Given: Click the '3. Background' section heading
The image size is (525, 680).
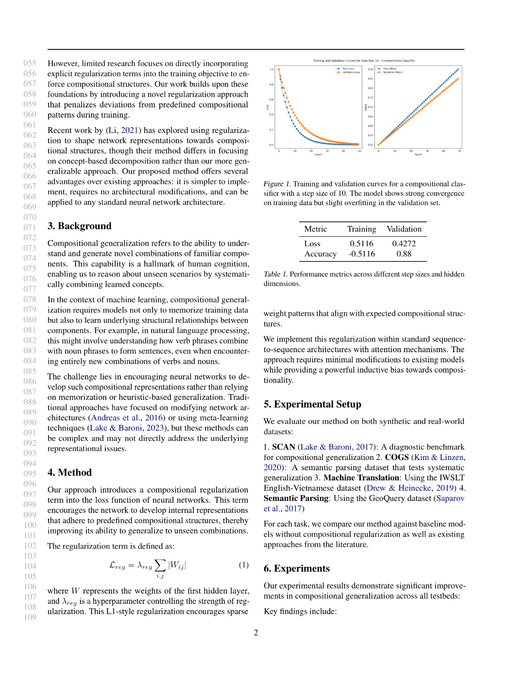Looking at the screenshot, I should click(79, 226).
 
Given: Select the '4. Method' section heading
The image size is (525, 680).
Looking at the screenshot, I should click(69, 473).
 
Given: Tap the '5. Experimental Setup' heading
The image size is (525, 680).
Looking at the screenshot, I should click(312, 404).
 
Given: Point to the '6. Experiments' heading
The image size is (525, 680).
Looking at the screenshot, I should click(296, 568).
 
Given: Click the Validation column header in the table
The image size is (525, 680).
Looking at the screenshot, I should click(404, 229).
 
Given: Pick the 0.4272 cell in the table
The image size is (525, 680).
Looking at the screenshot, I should click(404, 243).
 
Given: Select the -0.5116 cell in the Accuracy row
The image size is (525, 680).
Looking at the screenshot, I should click(361, 254).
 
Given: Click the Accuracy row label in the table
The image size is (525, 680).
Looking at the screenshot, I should click(320, 254).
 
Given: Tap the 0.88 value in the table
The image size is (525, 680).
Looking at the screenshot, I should click(404, 254).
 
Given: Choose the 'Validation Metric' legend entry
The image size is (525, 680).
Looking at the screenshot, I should click(392, 72).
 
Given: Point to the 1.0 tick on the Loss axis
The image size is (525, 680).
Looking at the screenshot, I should click(271, 69).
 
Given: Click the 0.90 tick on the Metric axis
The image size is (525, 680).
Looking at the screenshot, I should click(371, 69).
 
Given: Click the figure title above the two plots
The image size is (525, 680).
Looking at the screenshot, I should click(364, 61).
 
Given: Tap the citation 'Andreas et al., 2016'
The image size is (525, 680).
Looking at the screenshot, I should click(127, 418).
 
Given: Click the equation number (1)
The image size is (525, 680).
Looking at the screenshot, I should click(243, 565).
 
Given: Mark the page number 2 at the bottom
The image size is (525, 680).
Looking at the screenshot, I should click(256, 632).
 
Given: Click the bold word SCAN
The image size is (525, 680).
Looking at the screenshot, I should click(284, 447).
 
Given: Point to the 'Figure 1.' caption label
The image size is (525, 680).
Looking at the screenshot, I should click(277, 184).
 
